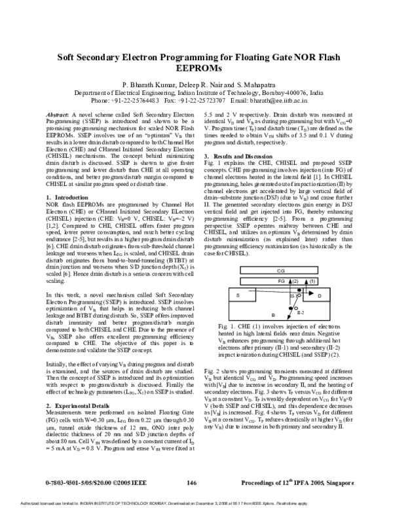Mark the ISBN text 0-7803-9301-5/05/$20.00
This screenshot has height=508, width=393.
click(x=78, y=482)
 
